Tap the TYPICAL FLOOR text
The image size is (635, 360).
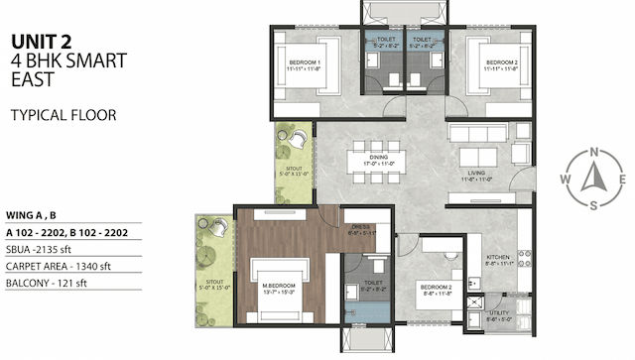(x=63, y=115)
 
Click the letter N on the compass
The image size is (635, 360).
(x=593, y=152)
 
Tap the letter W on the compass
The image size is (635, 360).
(x=565, y=180)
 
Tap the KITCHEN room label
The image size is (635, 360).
(x=498, y=260)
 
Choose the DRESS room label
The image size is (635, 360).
(x=360, y=230)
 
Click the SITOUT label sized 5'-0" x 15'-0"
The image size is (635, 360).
(x=214, y=282)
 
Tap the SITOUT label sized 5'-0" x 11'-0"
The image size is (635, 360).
(x=294, y=169)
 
